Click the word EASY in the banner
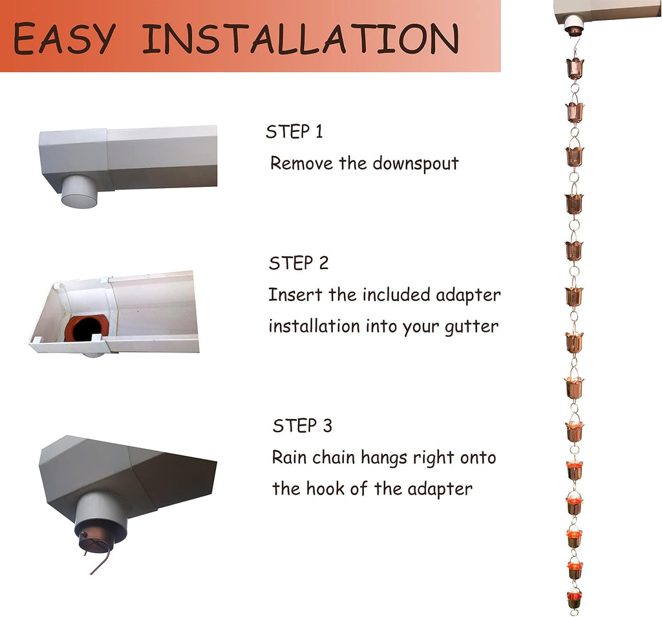64,38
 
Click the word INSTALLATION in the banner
301,38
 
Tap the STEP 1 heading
294,131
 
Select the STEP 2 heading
299,263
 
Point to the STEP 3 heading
303,426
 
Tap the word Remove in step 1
301,163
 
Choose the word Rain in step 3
289,457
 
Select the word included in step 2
396,294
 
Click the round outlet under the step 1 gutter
80,192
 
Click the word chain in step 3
334,457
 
